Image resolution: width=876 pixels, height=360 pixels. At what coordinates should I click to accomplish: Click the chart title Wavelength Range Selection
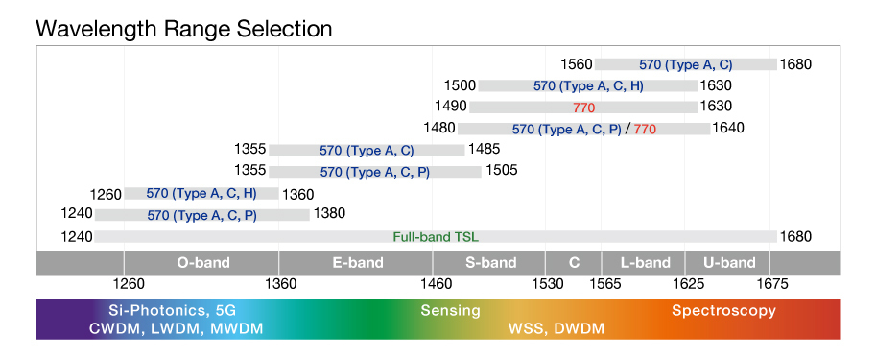(x=183, y=29)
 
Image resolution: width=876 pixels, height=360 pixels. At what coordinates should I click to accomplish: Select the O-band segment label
(x=203, y=263)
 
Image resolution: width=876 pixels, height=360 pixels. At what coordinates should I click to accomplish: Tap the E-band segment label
(x=356, y=263)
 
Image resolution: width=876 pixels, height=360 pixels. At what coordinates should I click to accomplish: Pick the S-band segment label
(x=489, y=263)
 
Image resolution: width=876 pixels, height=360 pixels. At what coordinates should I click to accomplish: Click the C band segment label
(x=574, y=263)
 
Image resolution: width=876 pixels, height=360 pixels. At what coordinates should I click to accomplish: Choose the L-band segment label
(x=645, y=263)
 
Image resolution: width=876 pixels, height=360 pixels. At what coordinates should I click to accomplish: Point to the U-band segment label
(x=729, y=263)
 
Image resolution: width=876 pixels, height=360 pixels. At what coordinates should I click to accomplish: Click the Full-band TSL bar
(x=436, y=237)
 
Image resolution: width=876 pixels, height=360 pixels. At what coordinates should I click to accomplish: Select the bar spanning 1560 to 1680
(x=685, y=64)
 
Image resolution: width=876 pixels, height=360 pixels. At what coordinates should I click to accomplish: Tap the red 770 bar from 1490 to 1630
(x=584, y=107)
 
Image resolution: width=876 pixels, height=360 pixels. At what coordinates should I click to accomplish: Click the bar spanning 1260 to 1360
(x=201, y=194)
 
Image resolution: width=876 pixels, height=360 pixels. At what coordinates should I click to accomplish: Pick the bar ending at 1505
(x=374, y=172)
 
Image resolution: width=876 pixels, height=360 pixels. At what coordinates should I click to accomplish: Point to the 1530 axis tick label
(x=548, y=284)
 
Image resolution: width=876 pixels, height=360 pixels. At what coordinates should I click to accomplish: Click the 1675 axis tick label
(x=772, y=284)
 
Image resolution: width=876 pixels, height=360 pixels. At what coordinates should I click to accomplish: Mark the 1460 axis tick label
(x=436, y=284)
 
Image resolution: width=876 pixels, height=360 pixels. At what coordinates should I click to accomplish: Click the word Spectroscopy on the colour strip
(x=723, y=311)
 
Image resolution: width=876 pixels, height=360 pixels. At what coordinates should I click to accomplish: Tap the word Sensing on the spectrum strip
(x=451, y=311)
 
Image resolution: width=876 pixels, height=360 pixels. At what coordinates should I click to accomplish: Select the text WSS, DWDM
(x=556, y=329)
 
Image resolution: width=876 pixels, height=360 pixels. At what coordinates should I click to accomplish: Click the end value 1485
(x=485, y=150)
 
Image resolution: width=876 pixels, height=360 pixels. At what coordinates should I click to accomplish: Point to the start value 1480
(x=438, y=128)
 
